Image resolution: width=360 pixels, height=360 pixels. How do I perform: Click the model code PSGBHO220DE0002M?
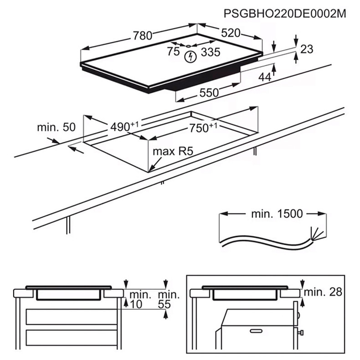(x=285, y=14)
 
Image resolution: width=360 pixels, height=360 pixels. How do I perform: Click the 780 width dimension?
(x=142, y=36)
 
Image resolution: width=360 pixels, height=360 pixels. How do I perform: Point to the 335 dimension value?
(x=211, y=52)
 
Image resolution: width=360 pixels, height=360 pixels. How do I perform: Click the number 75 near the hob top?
(x=173, y=51)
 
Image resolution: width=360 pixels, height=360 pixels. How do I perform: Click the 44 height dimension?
(x=264, y=77)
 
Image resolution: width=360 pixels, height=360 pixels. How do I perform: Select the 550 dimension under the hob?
(x=209, y=92)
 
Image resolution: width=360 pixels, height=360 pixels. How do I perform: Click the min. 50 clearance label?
(x=56, y=128)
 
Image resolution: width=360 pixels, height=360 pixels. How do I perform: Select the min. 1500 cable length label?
(x=277, y=214)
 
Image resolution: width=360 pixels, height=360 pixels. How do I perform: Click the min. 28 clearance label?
(x=323, y=292)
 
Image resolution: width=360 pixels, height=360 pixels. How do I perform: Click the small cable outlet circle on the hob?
(x=187, y=46)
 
